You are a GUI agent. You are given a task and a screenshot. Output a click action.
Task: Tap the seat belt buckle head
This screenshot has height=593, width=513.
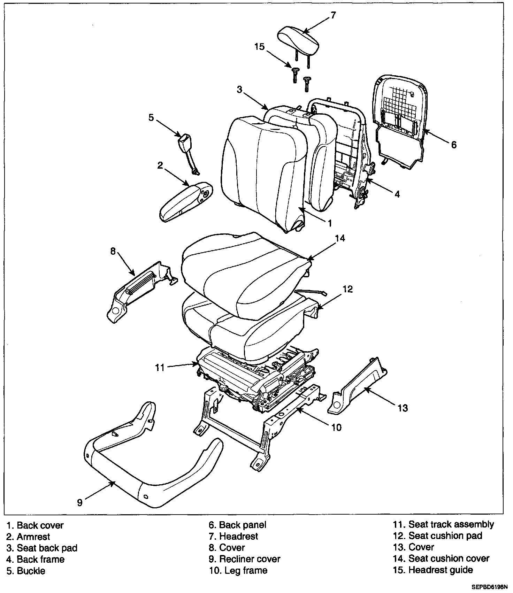click(x=183, y=143)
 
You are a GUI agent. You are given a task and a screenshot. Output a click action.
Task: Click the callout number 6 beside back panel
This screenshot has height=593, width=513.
click(x=453, y=144)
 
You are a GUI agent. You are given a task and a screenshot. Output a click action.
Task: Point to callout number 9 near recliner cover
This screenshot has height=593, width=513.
click(x=80, y=502)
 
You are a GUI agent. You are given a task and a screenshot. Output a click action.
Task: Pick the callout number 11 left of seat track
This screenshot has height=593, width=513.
click(x=160, y=368)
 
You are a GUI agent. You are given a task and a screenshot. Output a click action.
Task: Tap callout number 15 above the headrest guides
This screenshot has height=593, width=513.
click(x=260, y=47)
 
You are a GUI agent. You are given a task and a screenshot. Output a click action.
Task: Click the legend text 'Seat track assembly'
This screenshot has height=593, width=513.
click(x=451, y=524)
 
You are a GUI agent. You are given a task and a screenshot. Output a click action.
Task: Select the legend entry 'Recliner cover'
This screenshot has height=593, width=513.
click(x=250, y=559)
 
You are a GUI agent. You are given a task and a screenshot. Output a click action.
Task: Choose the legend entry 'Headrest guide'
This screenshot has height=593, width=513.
click(x=441, y=570)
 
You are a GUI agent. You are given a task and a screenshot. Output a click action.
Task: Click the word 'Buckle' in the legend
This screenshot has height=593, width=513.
click(x=31, y=571)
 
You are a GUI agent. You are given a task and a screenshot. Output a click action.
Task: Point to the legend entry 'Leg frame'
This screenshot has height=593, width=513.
click(x=246, y=570)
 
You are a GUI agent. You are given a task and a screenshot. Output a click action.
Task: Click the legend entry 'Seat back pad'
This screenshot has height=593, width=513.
click(x=47, y=548)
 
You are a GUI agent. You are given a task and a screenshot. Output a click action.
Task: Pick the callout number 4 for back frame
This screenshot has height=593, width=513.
click(x=397, y=194)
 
